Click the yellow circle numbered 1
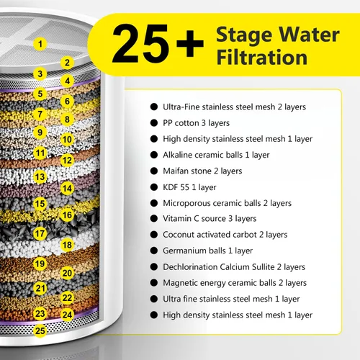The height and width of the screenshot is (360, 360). point(40,44)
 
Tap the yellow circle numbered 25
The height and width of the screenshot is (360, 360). point(40,330)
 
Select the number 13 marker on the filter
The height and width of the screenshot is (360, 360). point(40,177)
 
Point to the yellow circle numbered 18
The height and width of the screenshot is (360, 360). point(67,245)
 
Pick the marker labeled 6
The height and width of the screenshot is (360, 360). point(67,102)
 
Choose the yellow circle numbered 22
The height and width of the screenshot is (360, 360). point(67,298)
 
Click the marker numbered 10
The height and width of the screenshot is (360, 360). point(67,139)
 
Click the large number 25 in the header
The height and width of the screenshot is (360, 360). point(140,43)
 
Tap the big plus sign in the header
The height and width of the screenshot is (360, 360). point(190,44)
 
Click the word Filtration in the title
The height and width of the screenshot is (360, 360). point(262,57)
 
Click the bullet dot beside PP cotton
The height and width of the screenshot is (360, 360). point(154,123)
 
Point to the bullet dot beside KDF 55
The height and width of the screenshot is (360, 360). point(154,187)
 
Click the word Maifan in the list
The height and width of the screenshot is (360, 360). point(175,171)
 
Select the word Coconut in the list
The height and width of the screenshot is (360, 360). point(179,235)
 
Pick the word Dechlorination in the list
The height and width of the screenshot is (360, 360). point(189,266)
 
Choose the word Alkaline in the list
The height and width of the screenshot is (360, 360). point(177,155)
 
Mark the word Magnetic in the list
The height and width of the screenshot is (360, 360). point(180,283)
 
